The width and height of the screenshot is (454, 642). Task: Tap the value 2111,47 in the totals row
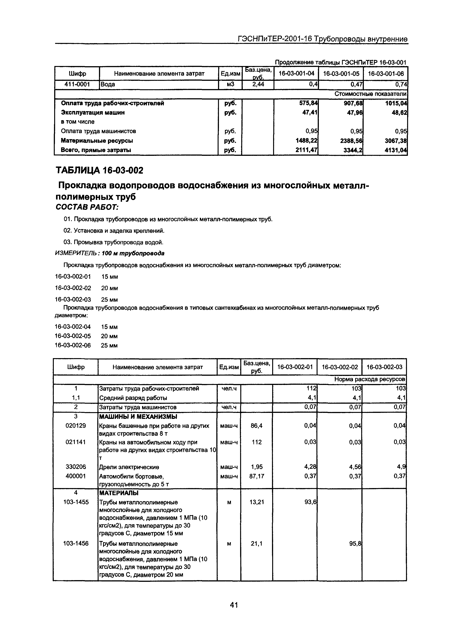point(306,150)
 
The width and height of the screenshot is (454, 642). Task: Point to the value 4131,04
point(396,150)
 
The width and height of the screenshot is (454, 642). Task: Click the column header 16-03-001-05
point(341,73)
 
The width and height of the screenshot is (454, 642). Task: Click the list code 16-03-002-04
point(73,327)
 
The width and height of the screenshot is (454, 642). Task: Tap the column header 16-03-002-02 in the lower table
point(340,367)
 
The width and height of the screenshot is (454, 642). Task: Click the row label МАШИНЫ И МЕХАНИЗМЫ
point(138,417)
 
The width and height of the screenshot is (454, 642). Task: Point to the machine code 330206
point(76,467)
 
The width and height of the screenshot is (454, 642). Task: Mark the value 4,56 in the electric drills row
point(355,467)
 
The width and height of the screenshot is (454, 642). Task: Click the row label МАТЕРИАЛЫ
point(119,493)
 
